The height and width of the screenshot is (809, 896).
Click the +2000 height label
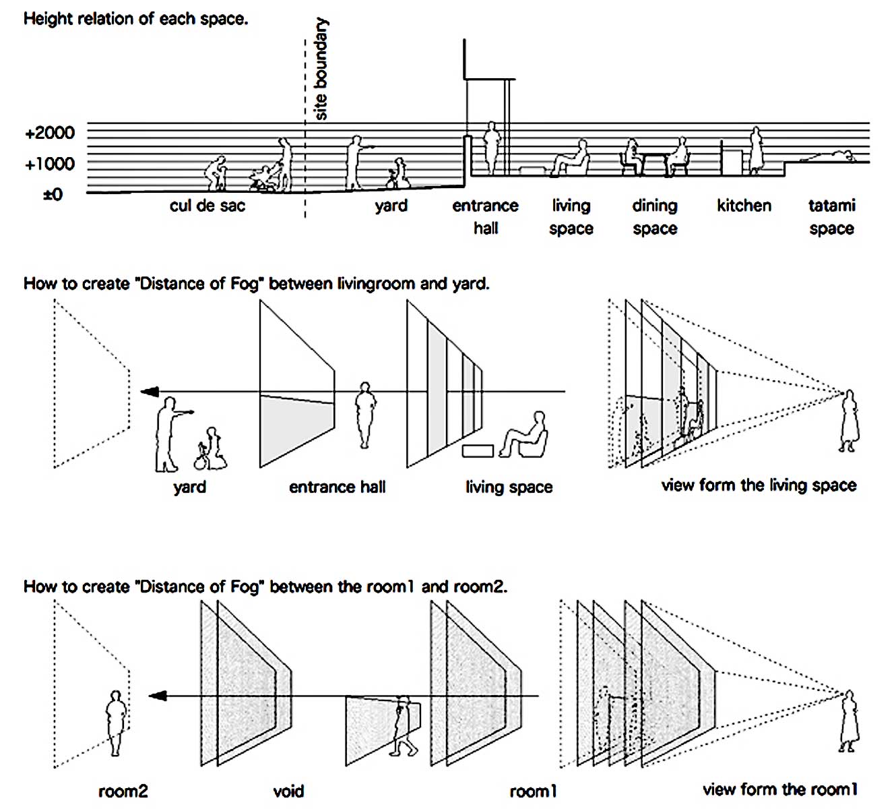[x=50, y=133]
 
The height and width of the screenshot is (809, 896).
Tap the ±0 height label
[x=53, y=195]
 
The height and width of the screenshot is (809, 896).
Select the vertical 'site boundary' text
[x=321, y=69]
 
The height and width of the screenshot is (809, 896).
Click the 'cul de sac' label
[x=207, y=206]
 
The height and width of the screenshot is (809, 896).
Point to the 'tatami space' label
[x=832, y=216]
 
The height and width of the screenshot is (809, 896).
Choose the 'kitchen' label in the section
[x=744, y=206]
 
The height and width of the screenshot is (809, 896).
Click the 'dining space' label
[x=655, y=216]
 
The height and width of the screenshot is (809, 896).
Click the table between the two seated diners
[x=653, y=162]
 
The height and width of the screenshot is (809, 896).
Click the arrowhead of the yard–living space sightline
[x=149, y=392]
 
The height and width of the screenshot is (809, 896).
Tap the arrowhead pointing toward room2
[x=156, y=696]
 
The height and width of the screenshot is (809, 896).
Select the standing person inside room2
[x=116, y=722]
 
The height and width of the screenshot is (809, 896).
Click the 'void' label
[x=288, y=791]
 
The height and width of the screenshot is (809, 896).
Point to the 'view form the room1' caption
[x=780, y=789]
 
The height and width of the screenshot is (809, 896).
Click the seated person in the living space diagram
[x=525, y=437]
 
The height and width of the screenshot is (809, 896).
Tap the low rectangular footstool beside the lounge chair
[x=478, y=450]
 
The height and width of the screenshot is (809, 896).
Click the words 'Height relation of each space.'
[x=135, y=19]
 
